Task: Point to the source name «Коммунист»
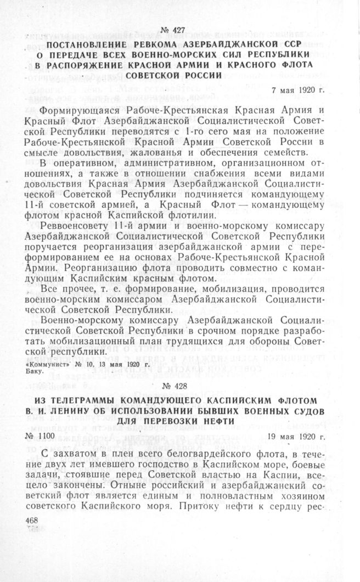(x=47, y=363)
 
